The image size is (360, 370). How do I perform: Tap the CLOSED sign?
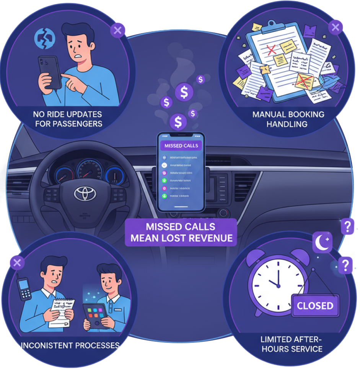click(x=315, y=306)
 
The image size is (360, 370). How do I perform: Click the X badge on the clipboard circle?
click(x=335, y=28)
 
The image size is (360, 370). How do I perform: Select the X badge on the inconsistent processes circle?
click(x=16, y=263)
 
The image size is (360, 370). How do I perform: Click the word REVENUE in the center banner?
click(x=209, y=238)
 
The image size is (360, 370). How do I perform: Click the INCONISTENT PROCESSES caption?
click(x=70, y=345)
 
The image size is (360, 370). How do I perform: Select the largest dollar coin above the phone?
click(x=184, y=92)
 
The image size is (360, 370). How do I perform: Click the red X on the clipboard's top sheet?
click(x=272, y=50)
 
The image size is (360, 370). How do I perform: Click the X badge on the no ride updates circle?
click(x=117, y=30)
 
